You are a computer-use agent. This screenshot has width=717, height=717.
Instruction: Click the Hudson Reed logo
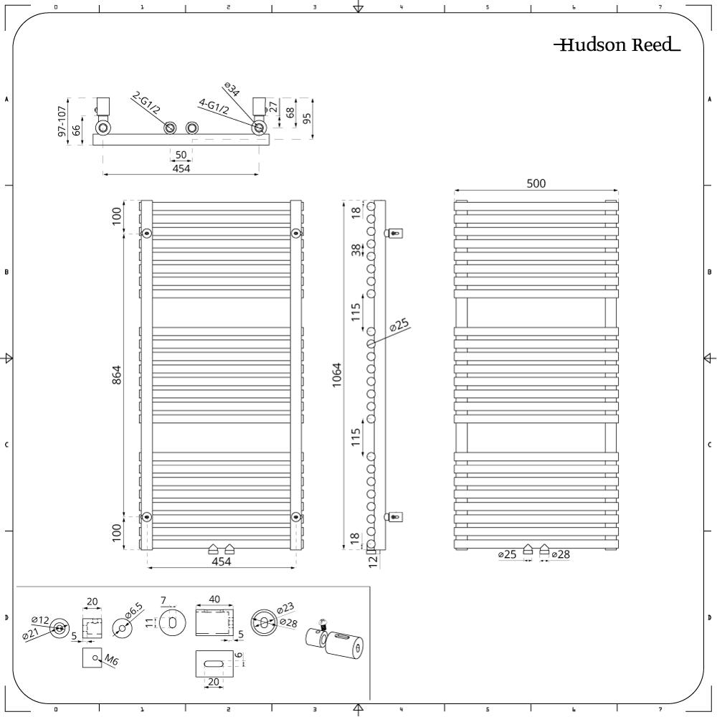617,44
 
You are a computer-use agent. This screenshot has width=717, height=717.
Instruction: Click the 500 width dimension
536,184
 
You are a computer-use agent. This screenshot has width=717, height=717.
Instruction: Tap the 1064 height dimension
337,375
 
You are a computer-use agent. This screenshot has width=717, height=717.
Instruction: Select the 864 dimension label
117,374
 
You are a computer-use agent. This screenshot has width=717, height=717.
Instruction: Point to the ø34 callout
232,90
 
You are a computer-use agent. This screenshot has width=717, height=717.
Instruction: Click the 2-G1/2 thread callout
146,103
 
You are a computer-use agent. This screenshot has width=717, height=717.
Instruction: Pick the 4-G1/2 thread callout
214,107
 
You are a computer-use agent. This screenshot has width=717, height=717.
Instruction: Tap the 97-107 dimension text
62,120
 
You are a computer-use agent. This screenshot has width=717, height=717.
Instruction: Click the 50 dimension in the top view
181,155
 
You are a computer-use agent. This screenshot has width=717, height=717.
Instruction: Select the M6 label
111,660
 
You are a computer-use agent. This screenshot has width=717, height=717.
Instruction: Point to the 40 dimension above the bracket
214,599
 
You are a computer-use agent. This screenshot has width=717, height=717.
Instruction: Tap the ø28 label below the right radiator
561,555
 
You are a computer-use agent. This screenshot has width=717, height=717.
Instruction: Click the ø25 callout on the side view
399,325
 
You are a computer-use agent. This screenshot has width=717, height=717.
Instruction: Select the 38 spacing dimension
356,250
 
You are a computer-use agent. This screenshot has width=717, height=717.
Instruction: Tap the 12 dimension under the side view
374,562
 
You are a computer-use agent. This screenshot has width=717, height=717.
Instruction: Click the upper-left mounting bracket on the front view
147,234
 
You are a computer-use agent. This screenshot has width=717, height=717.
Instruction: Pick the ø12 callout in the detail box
41,620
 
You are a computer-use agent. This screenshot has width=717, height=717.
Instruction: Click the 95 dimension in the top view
307,118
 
